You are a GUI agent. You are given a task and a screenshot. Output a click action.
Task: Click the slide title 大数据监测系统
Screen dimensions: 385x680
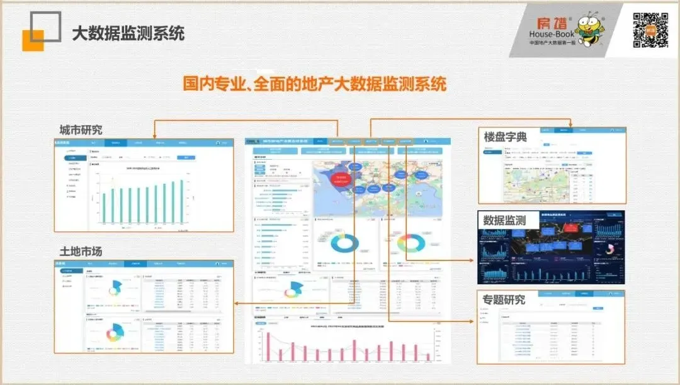(x=128, y=33)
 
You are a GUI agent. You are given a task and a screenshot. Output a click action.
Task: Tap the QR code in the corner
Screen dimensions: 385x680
(x=650, y=30)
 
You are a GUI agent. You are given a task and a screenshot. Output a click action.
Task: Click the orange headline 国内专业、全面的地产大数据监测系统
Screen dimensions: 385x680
(x=314, y=84)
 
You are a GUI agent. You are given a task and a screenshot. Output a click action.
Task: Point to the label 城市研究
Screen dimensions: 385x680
(x=81, y=130)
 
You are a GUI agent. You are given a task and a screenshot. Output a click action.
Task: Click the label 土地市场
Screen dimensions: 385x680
(x=81, y=251)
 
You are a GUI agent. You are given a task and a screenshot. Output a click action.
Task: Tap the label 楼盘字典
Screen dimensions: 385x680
(x=505, y=136)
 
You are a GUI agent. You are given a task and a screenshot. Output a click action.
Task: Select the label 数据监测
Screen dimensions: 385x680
(x=504, y=220)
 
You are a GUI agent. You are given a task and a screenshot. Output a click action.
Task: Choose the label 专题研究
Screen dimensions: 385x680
(x=504, y=299)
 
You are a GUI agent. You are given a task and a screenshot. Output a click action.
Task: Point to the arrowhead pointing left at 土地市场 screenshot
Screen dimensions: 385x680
(x=236, y=304)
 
